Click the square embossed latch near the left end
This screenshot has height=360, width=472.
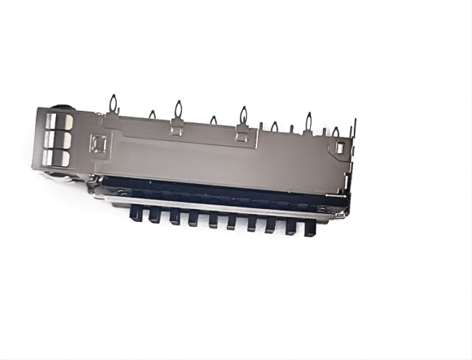click(97, 145)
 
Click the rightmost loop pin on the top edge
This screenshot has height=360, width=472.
click(335, 132)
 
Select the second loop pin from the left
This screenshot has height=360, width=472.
click(152, 115)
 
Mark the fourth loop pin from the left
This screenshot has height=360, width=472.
click(213, 120)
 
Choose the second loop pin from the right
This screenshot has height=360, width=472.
click(309, 121)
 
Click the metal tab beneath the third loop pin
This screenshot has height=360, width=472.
click(177, 130)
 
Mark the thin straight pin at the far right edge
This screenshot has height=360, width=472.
click(353, 132)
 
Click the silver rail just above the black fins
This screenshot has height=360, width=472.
click(215, 203)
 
